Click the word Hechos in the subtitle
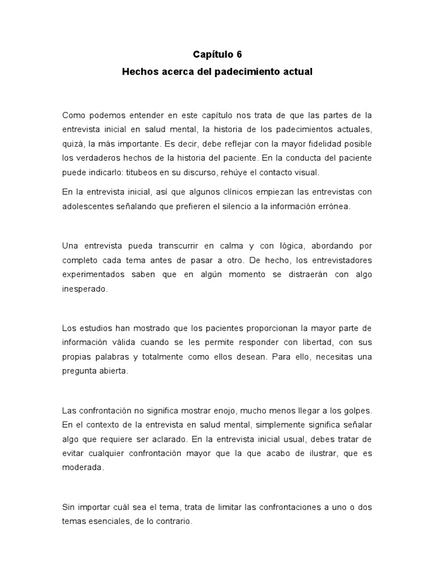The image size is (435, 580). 139,72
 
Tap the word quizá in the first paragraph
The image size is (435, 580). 72,143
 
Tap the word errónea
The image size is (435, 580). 334,207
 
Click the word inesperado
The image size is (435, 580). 84,289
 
